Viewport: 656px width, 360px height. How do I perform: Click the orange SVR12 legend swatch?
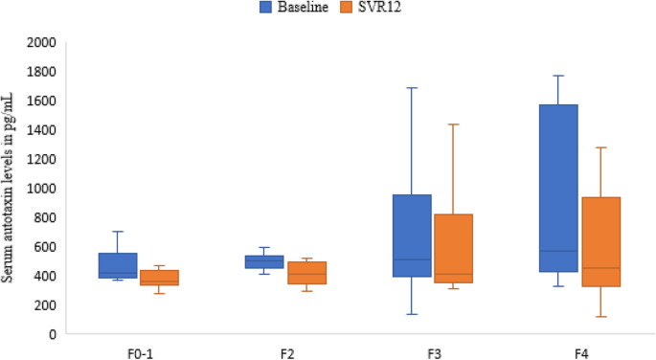coord(347,8)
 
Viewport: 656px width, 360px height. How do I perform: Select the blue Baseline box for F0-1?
coord(118,266)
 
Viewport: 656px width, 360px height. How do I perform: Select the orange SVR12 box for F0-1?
coord(159,278)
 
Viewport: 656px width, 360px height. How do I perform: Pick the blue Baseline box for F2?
coord(264,261)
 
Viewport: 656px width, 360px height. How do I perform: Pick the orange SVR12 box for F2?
coord(306,273)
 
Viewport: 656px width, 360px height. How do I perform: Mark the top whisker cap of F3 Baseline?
coord(412,88)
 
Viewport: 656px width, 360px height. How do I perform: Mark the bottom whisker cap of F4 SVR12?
coord(600,317)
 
